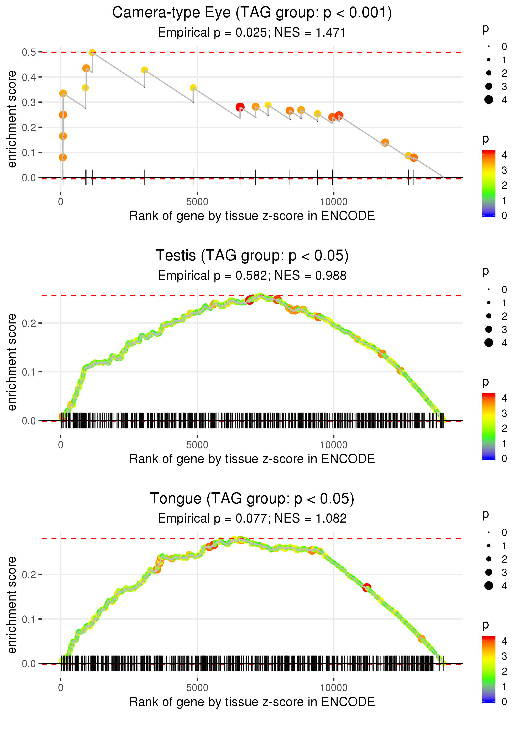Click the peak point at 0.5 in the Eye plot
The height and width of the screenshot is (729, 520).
click(x=92, y=52)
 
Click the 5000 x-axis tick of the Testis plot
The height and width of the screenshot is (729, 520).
click(x=197, y=445)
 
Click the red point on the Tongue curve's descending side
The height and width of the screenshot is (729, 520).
click(x=367, y=587)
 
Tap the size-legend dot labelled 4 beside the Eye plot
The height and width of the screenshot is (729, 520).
click(x=489, y=100)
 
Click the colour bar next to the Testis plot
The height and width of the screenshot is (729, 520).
click(x=489, y=426)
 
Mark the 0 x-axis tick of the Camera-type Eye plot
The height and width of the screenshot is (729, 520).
click(x=61, y=202)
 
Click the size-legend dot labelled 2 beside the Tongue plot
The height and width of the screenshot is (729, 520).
click(x=489, y=559)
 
